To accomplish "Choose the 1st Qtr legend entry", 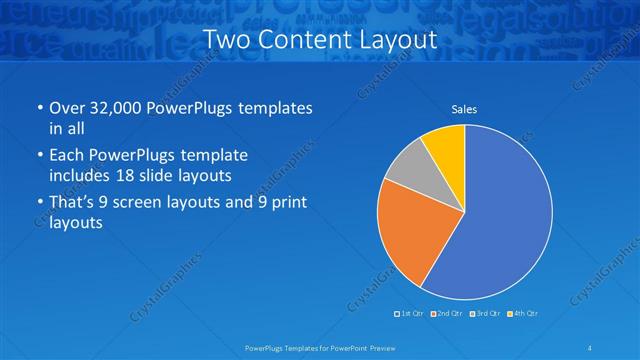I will [411, 314].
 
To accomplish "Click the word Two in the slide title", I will [228, 41].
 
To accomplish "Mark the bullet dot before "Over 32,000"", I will [38, 108].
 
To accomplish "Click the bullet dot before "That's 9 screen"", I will [38, 203].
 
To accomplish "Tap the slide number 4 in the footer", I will [589, 347].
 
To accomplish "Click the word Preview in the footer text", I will [380, 347].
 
